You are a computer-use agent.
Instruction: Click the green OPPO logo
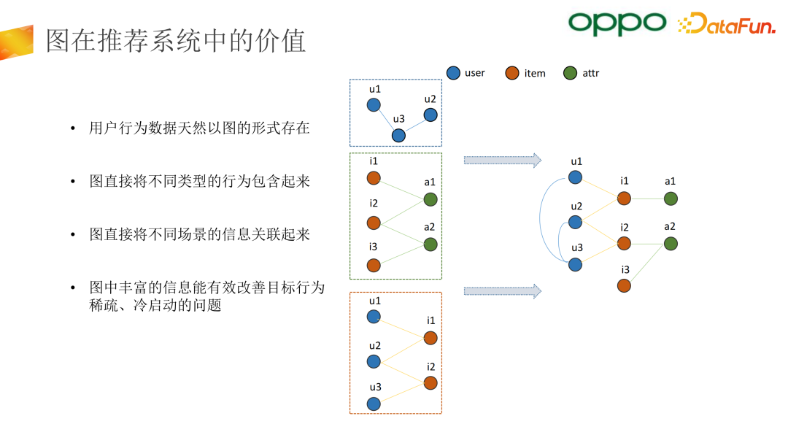click(617, 23)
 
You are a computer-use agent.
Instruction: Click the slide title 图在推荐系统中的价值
click(176, 41)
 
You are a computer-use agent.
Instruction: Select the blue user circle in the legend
click(453, 73)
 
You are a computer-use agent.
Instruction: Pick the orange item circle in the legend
click(512, 73)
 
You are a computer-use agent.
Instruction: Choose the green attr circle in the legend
click(571, 73)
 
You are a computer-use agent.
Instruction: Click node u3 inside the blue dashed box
click(398, 135)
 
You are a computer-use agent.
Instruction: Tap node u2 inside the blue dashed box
click(430, 115)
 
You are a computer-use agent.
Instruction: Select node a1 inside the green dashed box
click(430, 199)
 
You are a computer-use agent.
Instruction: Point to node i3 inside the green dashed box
click(374, 266)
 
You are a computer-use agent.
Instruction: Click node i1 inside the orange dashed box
click(430, 338)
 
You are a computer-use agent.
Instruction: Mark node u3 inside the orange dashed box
click(374, 404)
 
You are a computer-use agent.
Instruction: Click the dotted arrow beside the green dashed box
click(502, 160)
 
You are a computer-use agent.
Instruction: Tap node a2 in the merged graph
click(670, 243)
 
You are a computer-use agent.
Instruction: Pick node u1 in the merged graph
click(575, 177)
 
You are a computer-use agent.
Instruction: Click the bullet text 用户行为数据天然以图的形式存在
click(199, 128)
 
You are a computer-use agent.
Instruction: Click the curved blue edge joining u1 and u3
click(544, 219)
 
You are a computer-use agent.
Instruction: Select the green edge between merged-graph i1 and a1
click(647, 198)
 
